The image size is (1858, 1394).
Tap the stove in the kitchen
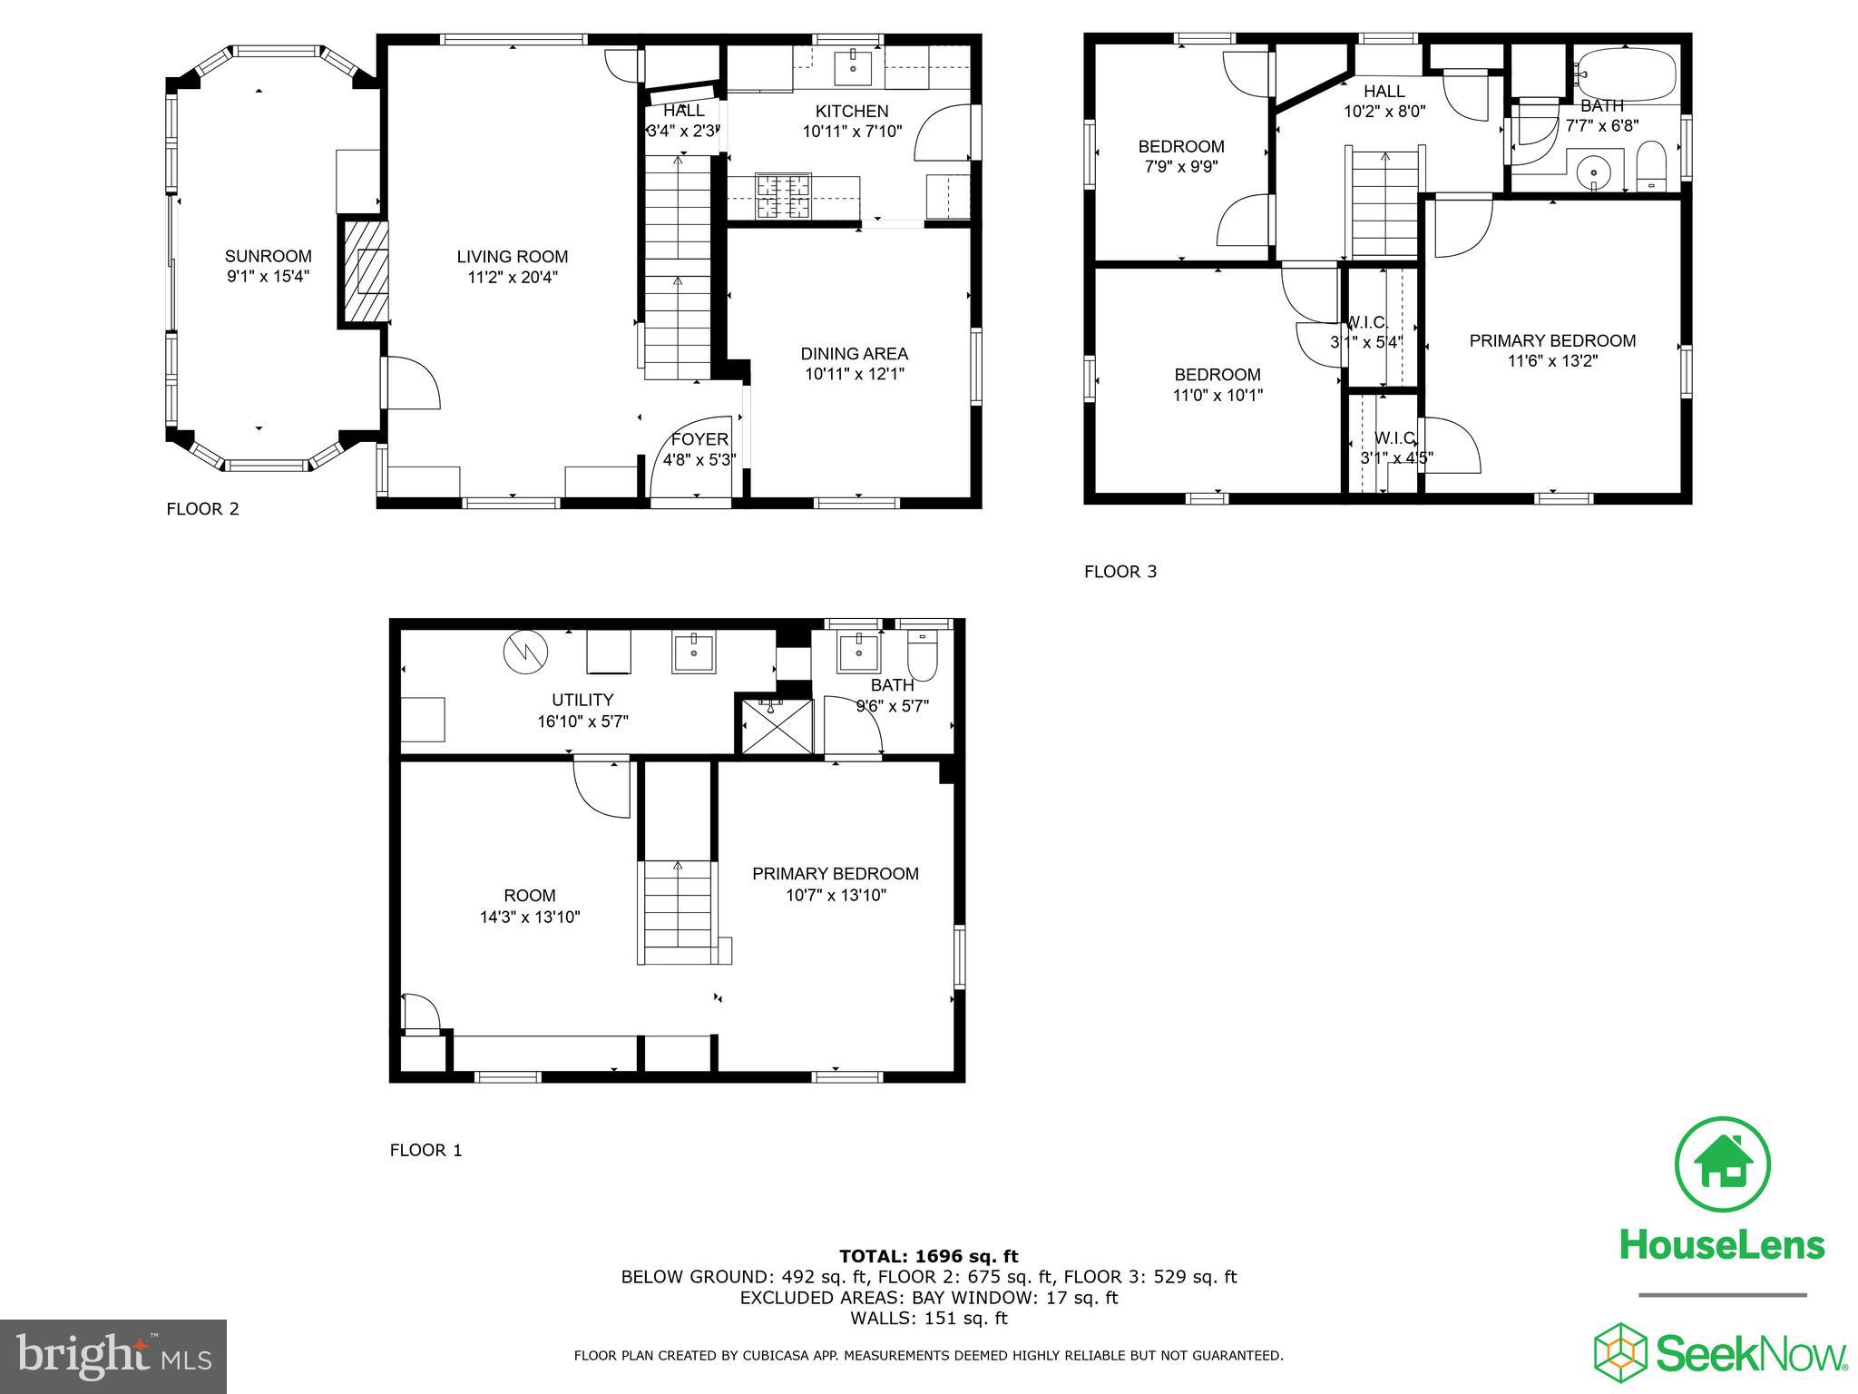[x=784, y=196]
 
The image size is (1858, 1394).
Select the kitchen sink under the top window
[x=853, y=66]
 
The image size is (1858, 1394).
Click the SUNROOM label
[x=268, y=257]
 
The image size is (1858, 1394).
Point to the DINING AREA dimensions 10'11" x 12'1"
[x=854, y=374]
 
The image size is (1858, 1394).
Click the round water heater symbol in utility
[x=525, y=653]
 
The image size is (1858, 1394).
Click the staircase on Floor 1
[x=678, y=912]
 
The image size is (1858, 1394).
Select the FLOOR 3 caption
[x=1120, y=572]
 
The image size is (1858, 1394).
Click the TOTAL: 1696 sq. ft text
[x=928, y=1257]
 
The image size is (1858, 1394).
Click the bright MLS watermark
[x=113, y=1357]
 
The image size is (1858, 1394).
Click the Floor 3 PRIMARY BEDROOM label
[x=1552, y=341]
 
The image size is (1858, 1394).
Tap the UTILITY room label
[x=582, y=700]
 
